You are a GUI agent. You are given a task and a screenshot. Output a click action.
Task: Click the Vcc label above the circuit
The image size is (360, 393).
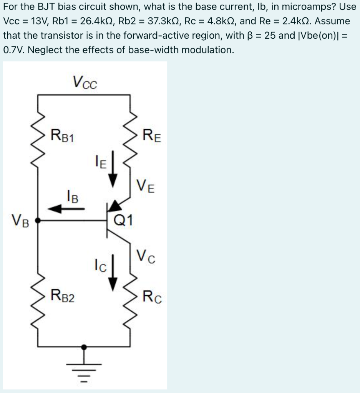coord(85,82)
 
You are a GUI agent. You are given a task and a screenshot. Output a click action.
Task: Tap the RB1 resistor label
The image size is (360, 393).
coord(64,136)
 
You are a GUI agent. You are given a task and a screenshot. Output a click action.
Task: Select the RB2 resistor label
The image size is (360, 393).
coord(64,296)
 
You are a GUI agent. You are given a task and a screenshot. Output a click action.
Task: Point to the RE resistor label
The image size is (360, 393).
coord(152,136)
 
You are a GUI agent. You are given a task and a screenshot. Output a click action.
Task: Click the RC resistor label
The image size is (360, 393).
coord(152,296)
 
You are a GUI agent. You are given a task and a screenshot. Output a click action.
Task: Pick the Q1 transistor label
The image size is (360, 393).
coord(124,220)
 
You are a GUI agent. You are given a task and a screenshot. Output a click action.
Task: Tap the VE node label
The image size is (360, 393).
coord(146,188)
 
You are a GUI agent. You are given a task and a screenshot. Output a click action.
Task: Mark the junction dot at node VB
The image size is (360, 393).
coord(38,221)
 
